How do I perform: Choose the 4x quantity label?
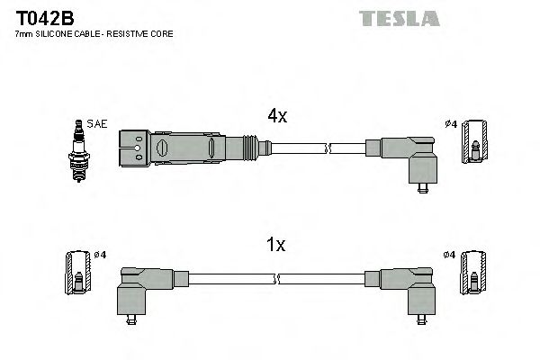tap(277, 115)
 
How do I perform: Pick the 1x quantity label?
tap(276, 244)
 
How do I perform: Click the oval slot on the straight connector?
tap(163, 146)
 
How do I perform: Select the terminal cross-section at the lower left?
tap(78, 274)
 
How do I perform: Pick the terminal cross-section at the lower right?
tap(471, 274)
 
